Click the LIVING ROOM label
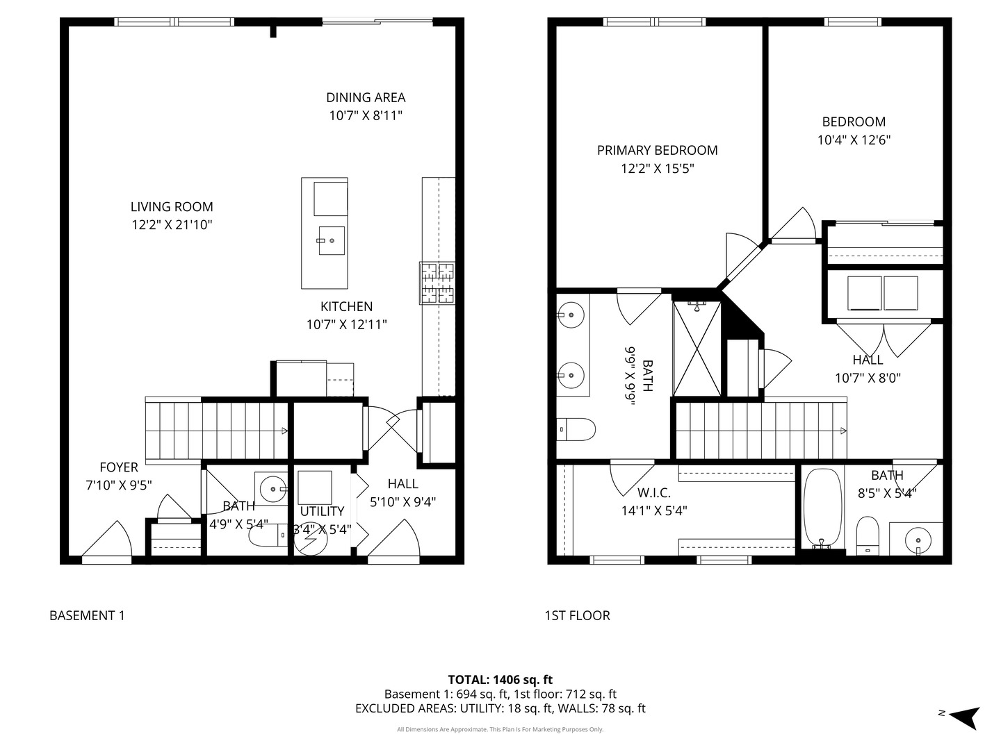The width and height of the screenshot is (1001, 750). [172, 207]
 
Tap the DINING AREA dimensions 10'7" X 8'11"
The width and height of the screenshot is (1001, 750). [366, 116]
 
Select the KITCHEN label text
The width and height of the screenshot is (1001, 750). [347, 306]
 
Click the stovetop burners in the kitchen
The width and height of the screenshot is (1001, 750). [437, 283]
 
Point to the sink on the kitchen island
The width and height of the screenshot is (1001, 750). [332, 240]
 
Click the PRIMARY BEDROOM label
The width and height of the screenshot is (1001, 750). [657, 150]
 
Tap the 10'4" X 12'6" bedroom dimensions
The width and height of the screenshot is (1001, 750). [854, 140]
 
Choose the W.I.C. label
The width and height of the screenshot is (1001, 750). [653, 493]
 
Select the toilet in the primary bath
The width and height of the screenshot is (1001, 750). [576, 429]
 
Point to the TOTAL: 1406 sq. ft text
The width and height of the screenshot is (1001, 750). [500, 680]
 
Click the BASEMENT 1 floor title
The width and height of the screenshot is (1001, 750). [87, 616]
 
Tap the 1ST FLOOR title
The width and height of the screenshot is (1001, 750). [577, 616]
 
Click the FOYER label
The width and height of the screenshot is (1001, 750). [119, 467]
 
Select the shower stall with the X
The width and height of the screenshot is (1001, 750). [697, 349]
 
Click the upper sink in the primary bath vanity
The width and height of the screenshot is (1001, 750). [570, 314]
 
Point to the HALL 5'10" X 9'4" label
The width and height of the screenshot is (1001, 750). [402, 493]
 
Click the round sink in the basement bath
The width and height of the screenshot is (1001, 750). [273, 489]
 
